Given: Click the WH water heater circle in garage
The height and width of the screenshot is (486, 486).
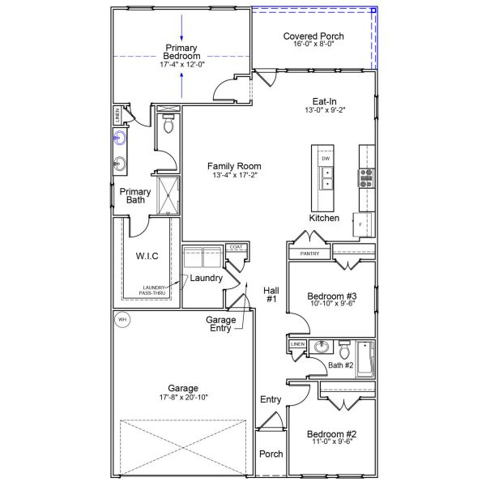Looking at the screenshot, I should [122, 319].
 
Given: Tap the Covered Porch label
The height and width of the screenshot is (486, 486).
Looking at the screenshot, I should [313, 36].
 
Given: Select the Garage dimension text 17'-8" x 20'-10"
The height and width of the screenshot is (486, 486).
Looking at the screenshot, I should [179, 398].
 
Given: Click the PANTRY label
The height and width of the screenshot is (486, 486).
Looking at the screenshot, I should [309, 254].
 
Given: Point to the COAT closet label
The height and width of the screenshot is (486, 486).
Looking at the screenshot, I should [236, 247].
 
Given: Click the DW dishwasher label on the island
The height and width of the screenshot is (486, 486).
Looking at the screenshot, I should [325, 159].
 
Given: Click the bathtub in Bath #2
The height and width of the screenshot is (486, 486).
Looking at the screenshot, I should [364, 358].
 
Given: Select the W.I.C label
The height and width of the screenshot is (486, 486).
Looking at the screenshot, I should [147, 257].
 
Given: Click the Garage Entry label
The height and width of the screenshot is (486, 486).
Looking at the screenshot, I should [220, 324].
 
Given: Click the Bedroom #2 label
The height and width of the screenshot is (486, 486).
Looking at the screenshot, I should [334, 434].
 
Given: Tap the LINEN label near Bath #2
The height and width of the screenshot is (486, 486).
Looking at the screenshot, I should [297, 345].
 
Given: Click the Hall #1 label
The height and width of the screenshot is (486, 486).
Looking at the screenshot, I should [271, 294].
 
